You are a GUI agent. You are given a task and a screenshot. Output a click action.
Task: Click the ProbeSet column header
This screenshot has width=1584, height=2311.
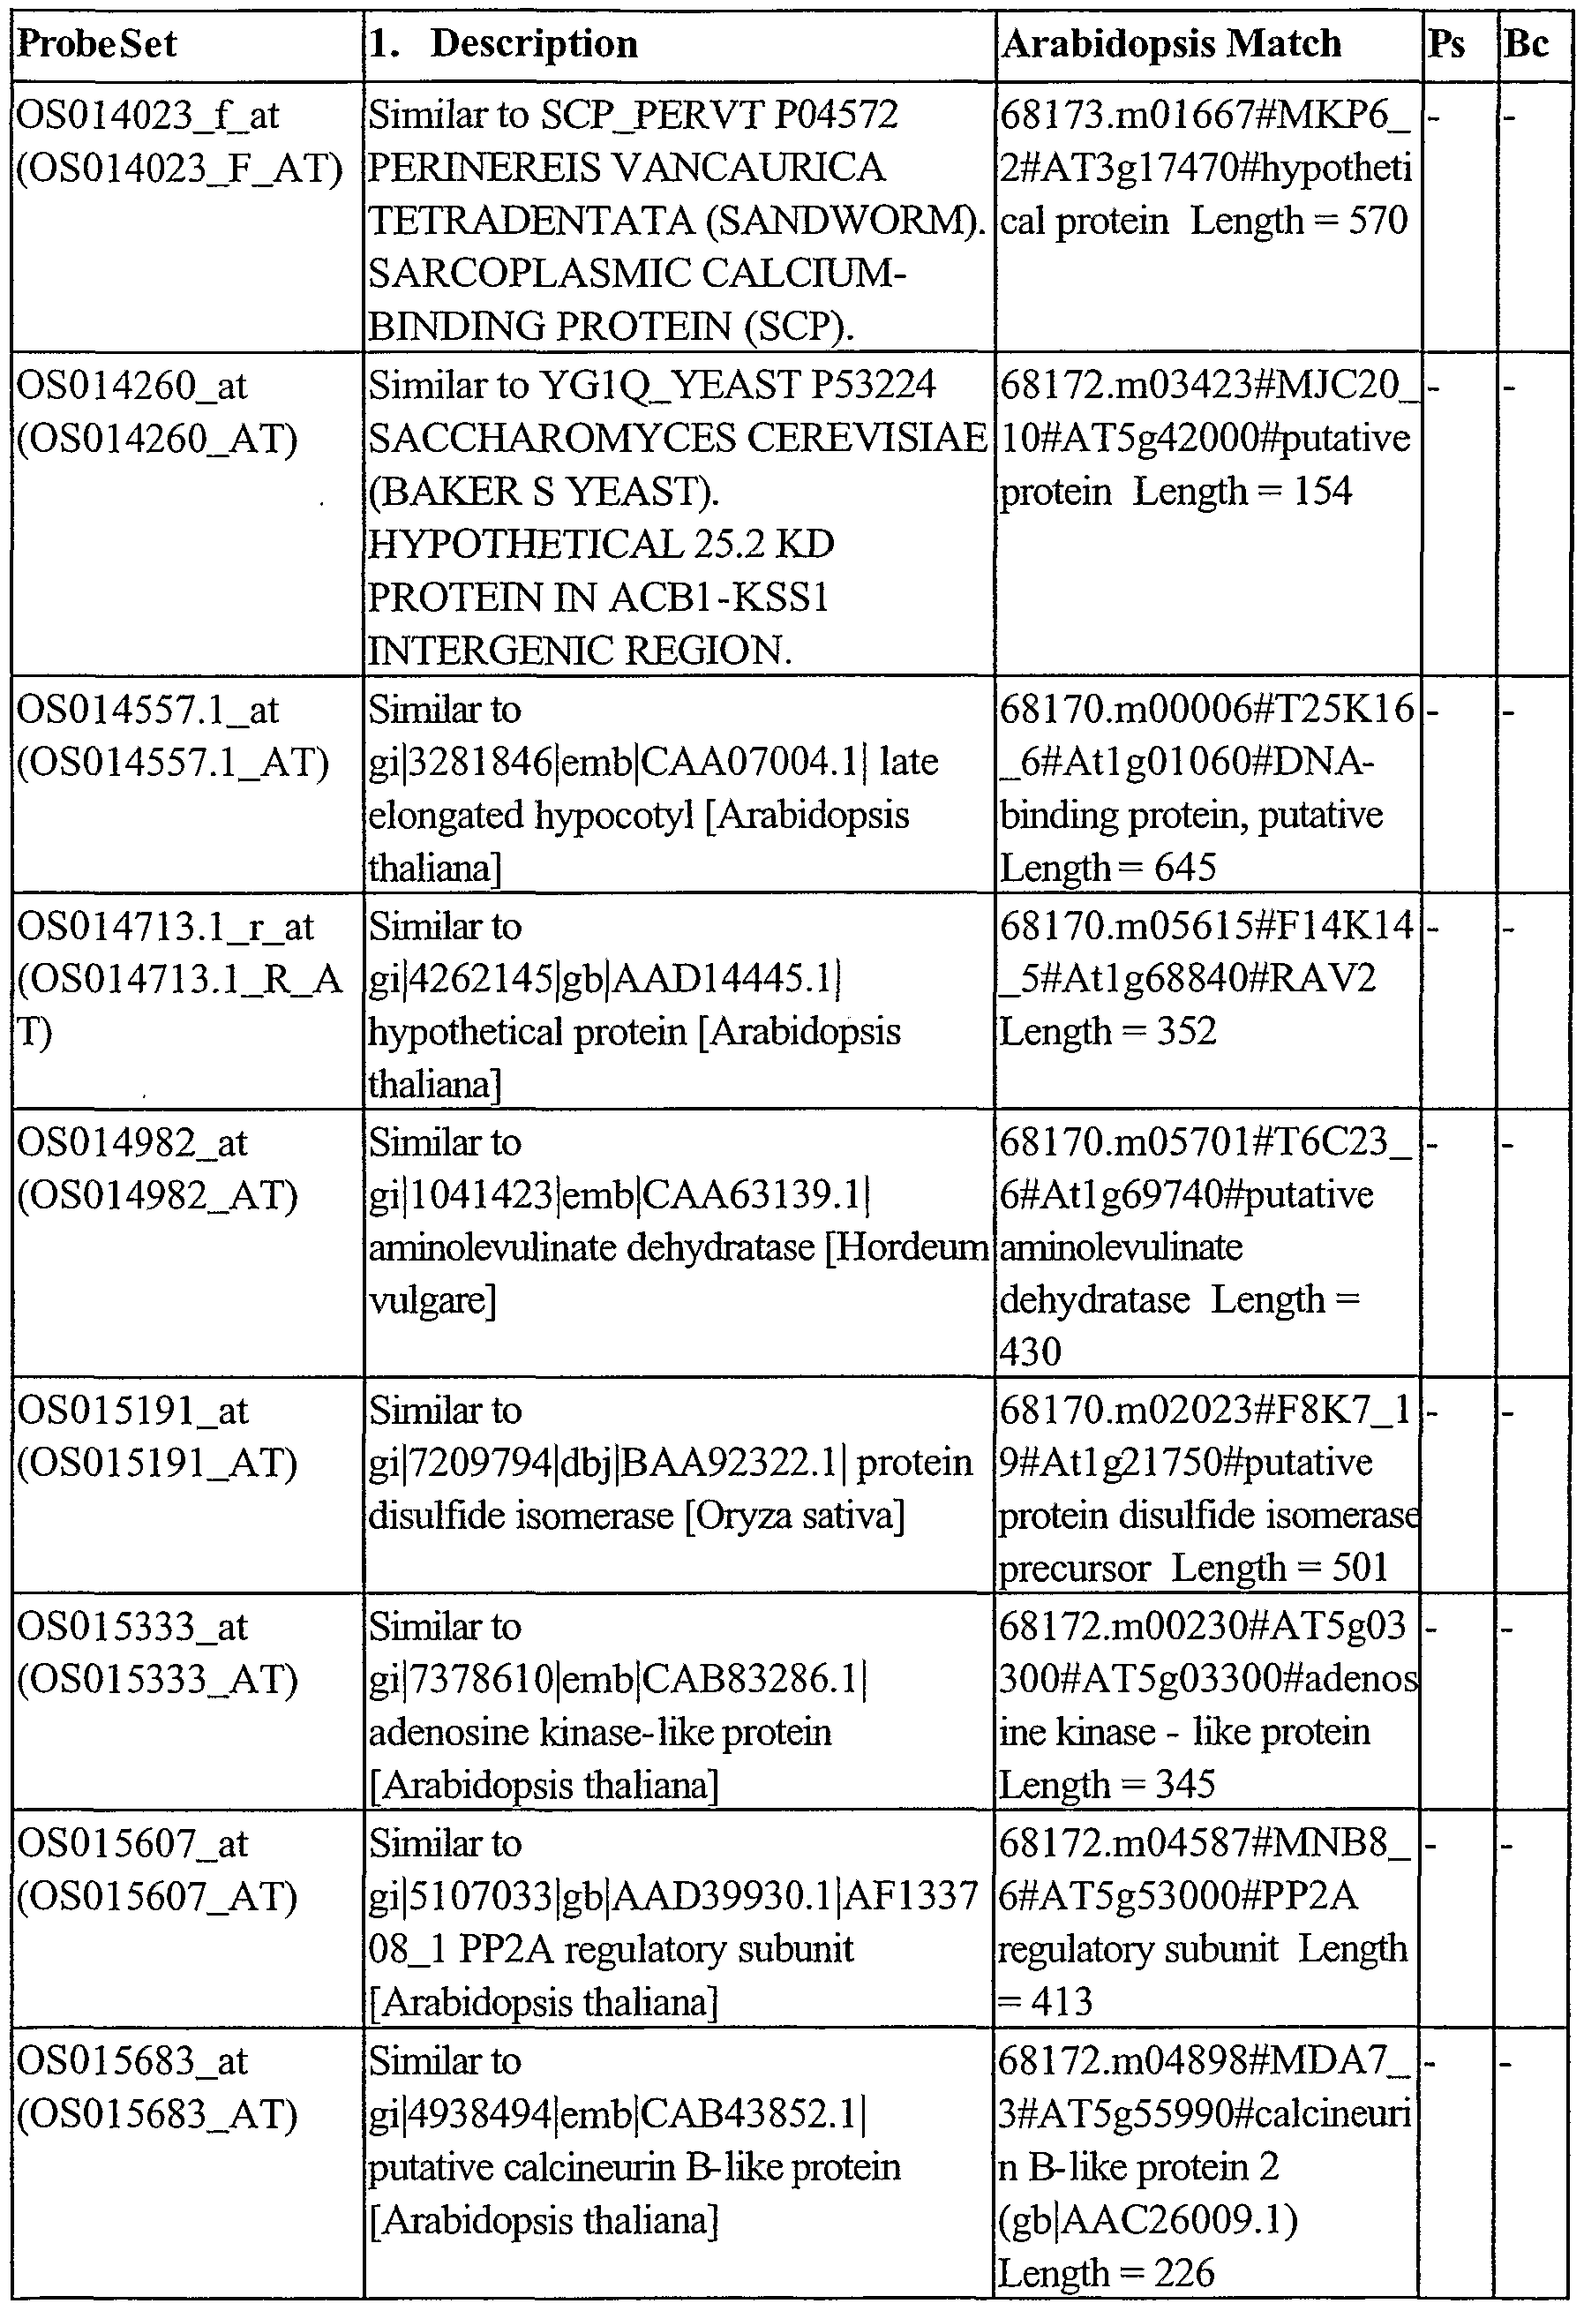[x=97, y=45]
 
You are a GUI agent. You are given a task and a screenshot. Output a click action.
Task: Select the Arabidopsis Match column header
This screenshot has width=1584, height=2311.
[x=1171, y=45]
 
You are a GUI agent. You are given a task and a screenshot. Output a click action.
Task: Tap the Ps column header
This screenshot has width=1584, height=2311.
[x=1445, y=45]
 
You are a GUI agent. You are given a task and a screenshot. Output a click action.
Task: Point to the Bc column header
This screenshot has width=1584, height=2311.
[x=1527, y=45]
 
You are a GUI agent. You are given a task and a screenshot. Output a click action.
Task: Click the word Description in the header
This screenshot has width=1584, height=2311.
[x=534, y=45]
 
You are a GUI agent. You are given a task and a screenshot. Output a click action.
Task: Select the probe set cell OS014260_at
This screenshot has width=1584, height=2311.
[x=131, y=386]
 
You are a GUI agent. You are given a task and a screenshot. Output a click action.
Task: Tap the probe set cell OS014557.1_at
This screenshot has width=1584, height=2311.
[x=147, y=710]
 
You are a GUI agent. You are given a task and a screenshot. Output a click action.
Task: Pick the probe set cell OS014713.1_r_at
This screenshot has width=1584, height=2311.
[x=164, y=927]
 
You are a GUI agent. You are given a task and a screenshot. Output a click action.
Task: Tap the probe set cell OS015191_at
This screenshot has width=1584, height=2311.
[x=131, y=1410]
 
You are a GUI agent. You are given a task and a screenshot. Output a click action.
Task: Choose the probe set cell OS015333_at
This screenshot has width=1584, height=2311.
[x=131, y=1627]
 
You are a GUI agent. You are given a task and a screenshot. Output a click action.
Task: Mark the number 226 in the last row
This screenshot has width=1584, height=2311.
[x=1184, y=2271]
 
